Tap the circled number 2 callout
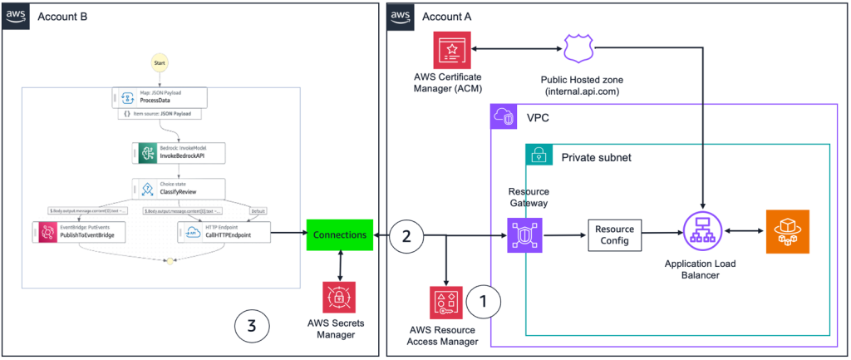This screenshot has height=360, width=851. (x=407, y=235)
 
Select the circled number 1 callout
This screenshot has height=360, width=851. (x=483, y=302)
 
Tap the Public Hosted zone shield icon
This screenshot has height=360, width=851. (x=578, y=49)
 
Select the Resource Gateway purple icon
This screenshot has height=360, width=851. (x=525, y=234)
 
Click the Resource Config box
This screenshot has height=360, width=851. (x=616, y=235)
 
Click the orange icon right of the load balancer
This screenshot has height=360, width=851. (x=787, y=232)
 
